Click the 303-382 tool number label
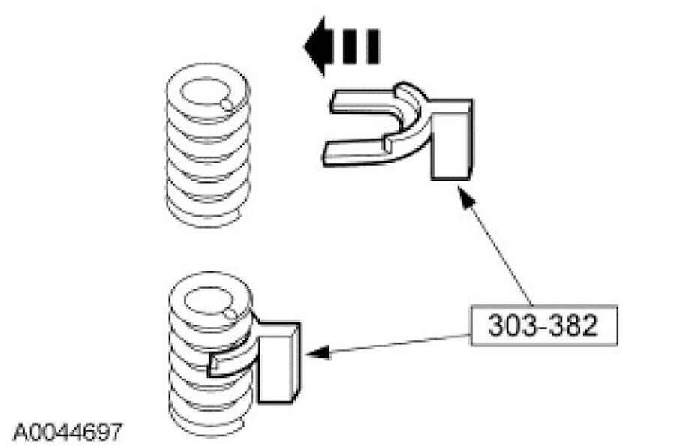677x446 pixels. coord(543,325)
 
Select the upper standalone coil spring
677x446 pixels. coord(208,142)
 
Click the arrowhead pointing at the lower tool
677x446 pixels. coord(314,351)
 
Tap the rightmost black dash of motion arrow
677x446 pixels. coord(372,46)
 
